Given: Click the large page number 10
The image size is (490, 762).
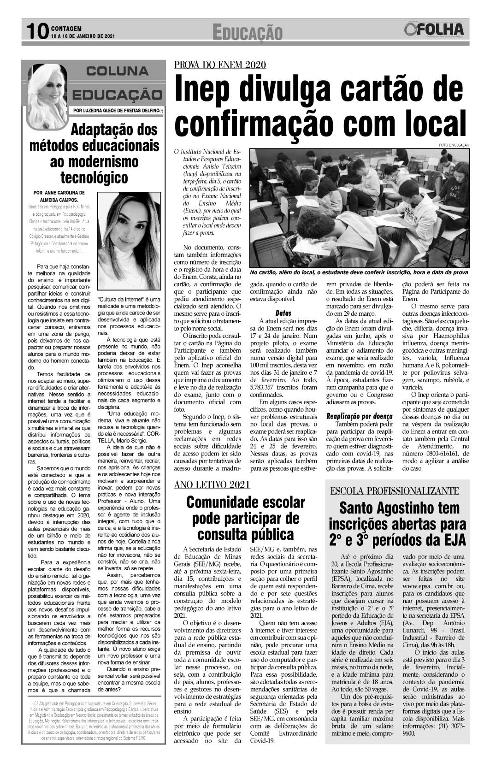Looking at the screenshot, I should tap(36, 32).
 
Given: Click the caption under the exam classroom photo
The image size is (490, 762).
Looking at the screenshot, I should tap(359, 272).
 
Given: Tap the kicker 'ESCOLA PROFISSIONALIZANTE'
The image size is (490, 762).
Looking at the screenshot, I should tap(395, 490).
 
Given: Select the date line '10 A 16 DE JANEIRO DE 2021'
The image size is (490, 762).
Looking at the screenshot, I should tap(83, 36).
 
